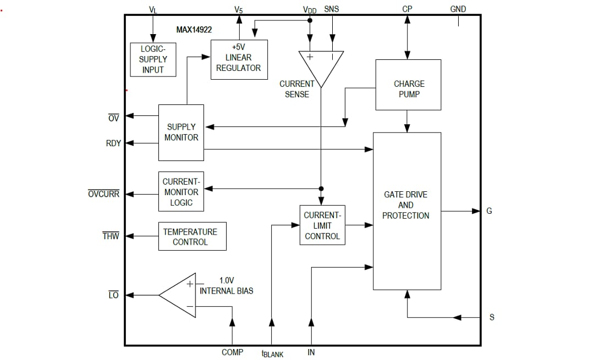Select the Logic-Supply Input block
153,59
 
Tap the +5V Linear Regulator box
239,59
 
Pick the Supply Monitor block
181,132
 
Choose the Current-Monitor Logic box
181,192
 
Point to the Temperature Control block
192,236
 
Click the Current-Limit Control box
322,225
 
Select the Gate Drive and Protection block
406,211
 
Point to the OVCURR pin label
103,194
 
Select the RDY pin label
113,143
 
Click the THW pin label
111,236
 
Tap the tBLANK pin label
272,354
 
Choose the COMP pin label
232,352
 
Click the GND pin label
458,9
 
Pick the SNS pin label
332,9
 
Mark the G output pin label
489,211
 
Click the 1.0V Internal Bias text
226,285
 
